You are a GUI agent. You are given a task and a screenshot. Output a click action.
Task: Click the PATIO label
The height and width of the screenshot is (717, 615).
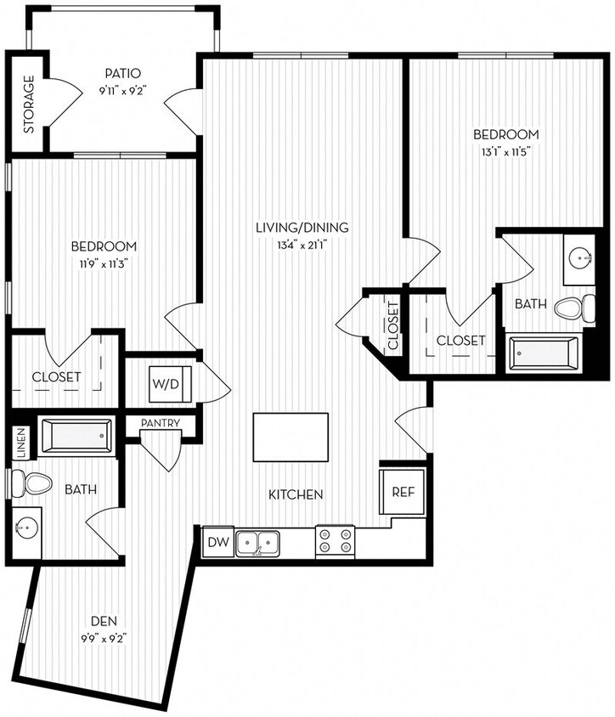click(122, 73)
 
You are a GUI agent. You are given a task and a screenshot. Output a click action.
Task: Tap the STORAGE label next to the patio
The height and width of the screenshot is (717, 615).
click(28, 104)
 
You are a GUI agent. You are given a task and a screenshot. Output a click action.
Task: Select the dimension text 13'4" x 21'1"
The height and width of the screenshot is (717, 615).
click(303, 246)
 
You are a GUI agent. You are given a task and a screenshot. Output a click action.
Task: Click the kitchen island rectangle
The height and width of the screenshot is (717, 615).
click(291, 437)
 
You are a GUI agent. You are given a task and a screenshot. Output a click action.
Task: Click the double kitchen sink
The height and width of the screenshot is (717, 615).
click(257, 541)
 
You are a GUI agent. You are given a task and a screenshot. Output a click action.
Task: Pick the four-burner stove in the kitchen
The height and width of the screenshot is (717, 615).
click(335, 540)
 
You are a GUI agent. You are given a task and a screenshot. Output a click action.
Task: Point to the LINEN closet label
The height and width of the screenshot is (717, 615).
click(21, 442)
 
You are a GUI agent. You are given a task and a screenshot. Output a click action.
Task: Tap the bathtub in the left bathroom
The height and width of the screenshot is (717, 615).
click(76, 437)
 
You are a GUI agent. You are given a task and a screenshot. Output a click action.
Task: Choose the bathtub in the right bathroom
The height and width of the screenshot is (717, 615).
click(544, 353)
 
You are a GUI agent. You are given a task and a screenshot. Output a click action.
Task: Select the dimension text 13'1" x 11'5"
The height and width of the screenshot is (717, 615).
click(506, 153)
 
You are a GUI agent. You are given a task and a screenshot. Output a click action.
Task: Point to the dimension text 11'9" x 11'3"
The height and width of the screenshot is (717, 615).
click(104, 263)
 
